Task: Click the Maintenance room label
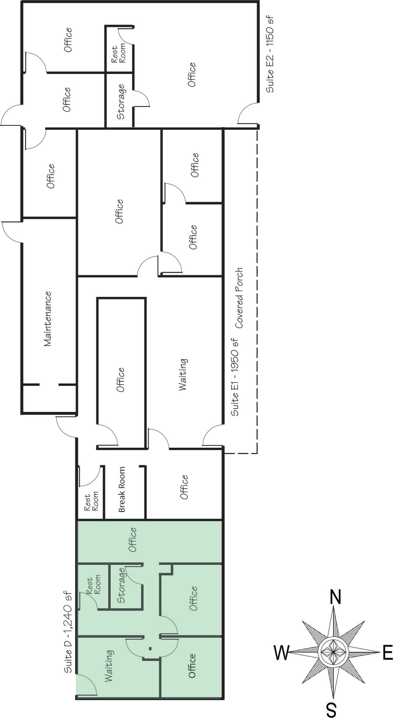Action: [x=48, y=319]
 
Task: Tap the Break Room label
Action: [x=122, y=489]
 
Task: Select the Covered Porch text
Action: [x=239, y=298]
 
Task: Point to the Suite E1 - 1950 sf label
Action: [x=235, y=377]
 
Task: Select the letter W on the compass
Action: [x=282, y=653]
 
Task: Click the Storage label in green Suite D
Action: [x=122, y=585]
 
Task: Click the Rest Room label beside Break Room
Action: [x=91, y=502]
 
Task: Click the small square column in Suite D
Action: [x=150, y=648]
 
